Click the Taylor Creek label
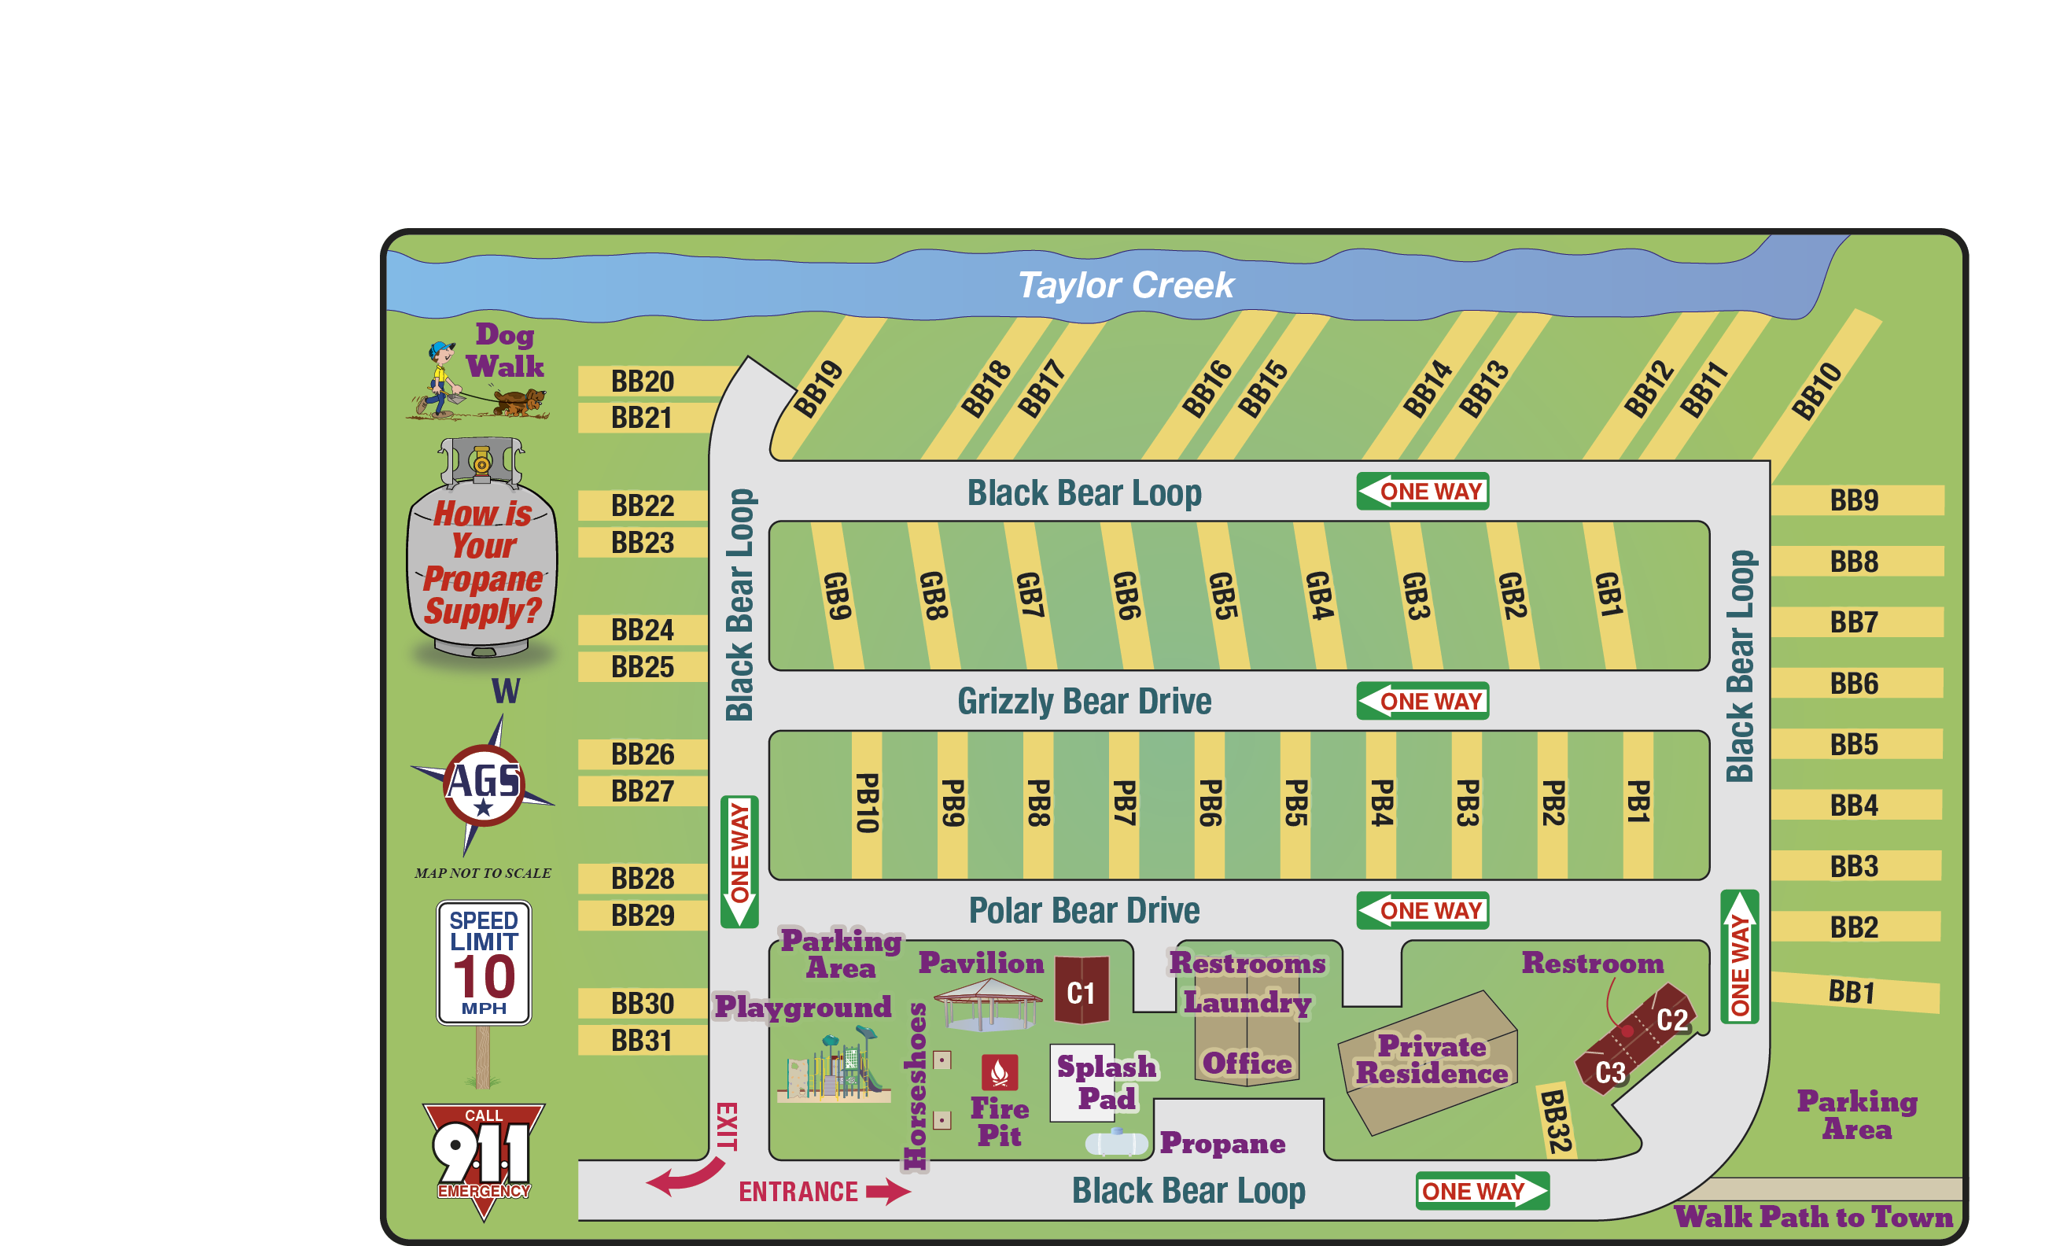pos(1125,286)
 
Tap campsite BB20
pos(642,382)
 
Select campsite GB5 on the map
pos(1223,595)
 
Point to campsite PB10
pos(866,802)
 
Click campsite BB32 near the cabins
pos(1556,1121)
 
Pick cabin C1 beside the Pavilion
pos(1082,993)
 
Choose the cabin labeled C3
pos(1609,1072)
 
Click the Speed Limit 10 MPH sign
pos(484,962)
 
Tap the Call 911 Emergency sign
pos(483,1154)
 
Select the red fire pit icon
pos(999,1072)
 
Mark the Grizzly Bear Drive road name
pos(1084,701)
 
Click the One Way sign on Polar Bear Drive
pos(1422,910)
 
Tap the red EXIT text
pos(726,1126)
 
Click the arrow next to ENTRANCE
pos(888,1191)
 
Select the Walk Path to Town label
pos(1813,1217)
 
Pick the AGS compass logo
pos(484,784)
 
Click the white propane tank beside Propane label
pos(1115,1143)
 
